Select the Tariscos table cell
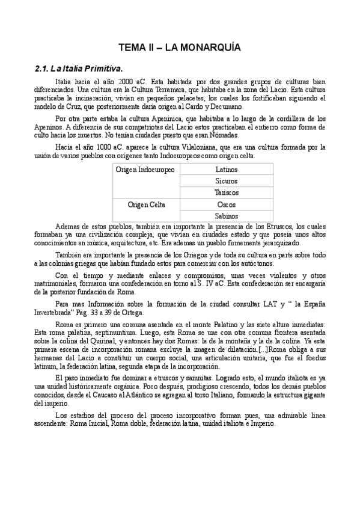pyautogui.click(x=227, y=193)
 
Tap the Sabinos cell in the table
pyautogui.click(x=227, y=216)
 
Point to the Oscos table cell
pyautogui.click(x=227, y=204)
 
